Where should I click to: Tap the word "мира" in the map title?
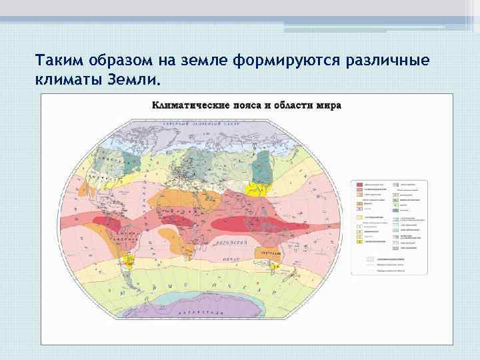(329, 105)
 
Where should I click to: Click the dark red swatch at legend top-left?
(359, 183)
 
